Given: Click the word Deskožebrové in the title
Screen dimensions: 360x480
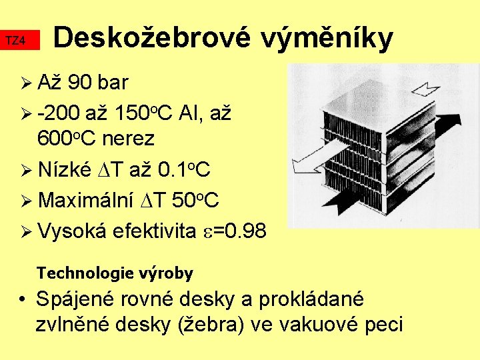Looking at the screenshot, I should (151, 39).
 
